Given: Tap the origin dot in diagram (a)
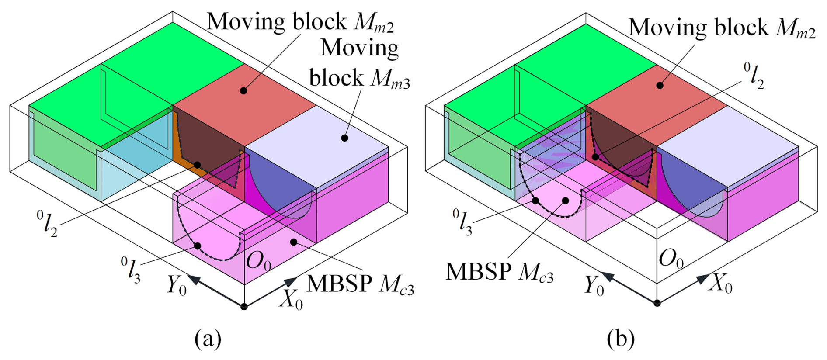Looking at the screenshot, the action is point(244,306).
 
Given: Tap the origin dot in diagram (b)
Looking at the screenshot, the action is point(657,303).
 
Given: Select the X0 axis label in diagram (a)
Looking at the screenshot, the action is point(291,300).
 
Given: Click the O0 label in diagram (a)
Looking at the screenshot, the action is point(259,261).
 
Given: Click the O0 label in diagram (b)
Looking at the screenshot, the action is point(671,259).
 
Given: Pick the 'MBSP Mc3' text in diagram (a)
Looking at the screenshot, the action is point(360,284).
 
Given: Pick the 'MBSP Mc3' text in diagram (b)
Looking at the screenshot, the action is point(500,272).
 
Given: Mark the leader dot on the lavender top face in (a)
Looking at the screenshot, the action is point(344,138).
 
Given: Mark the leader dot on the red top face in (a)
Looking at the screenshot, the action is point(243,90).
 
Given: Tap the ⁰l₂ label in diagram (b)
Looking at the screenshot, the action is point(754,76).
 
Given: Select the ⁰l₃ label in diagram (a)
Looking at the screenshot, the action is point(131,270).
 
